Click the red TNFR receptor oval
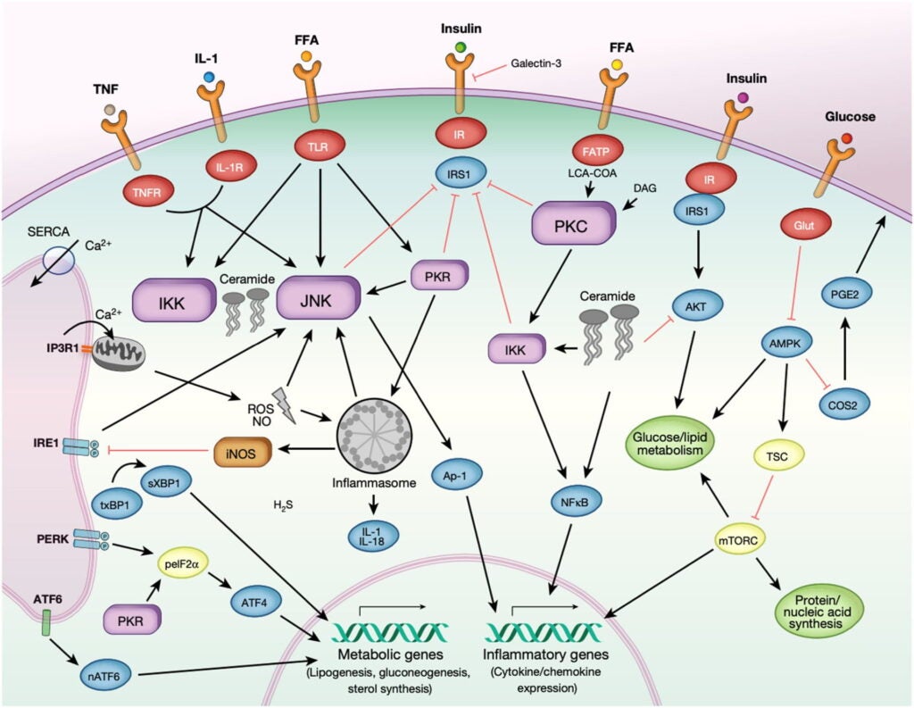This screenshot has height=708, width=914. pos(142,189)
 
